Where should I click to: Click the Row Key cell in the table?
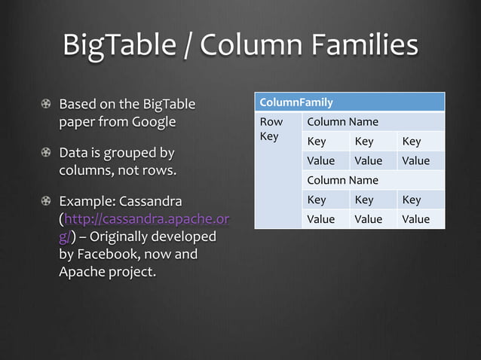271,129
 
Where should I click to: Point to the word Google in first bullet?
155,121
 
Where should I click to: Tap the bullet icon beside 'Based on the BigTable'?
47,103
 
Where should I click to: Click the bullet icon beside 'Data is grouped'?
47,154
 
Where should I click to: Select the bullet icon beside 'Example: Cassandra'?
47,203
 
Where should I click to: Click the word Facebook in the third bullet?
113,254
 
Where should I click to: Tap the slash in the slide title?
188,46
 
